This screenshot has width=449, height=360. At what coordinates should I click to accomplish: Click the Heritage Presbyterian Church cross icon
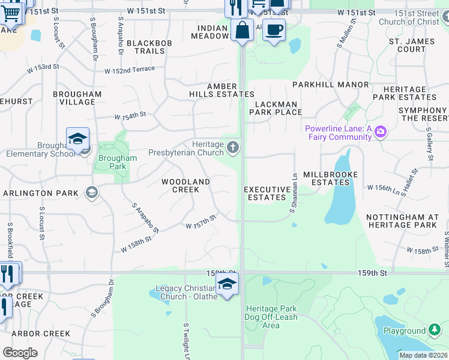[x=233, y=146]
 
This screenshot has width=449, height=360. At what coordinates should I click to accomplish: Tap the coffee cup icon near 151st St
[x=274, y=29]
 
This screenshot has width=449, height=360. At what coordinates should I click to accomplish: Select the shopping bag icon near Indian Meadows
[x=241, y=30]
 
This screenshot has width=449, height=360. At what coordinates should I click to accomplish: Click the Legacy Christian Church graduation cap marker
[x=227, y=284]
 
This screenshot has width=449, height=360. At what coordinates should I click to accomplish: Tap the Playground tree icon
[x=435, y=330]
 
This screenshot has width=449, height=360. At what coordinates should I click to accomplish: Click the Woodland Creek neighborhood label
[x=186, y=185]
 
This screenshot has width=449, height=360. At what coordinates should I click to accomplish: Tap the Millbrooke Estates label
[x=331, y=178]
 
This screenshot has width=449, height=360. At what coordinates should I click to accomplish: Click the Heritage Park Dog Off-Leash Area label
[x=271, y=317]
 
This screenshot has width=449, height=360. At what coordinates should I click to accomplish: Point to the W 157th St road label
[x=200, y=222]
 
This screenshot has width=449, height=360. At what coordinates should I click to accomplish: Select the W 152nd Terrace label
[x=130, y=70]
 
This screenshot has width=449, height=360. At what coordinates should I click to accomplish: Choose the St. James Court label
[x=408, y=45]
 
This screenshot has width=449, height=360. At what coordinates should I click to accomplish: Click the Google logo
[x=20, y=353]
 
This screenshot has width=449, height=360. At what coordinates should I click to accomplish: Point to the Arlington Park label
[x=41, y=193]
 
